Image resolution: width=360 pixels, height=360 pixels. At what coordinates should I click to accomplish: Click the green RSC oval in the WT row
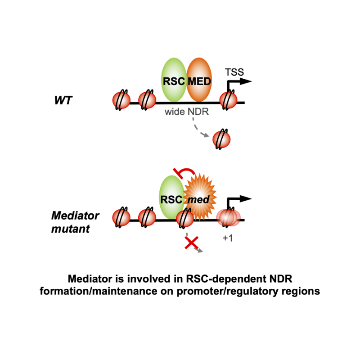pos(174,81)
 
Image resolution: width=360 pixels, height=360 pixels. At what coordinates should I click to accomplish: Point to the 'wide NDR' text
pos(187,112)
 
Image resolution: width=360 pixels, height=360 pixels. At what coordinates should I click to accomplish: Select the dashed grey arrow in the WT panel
pos(199,128)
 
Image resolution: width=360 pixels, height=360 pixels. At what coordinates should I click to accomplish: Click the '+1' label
pos(227,238)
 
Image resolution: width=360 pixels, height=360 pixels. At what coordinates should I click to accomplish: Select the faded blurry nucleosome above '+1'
pos(228,218)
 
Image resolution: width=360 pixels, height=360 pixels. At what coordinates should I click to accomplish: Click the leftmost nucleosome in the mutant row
pos(121,218)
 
